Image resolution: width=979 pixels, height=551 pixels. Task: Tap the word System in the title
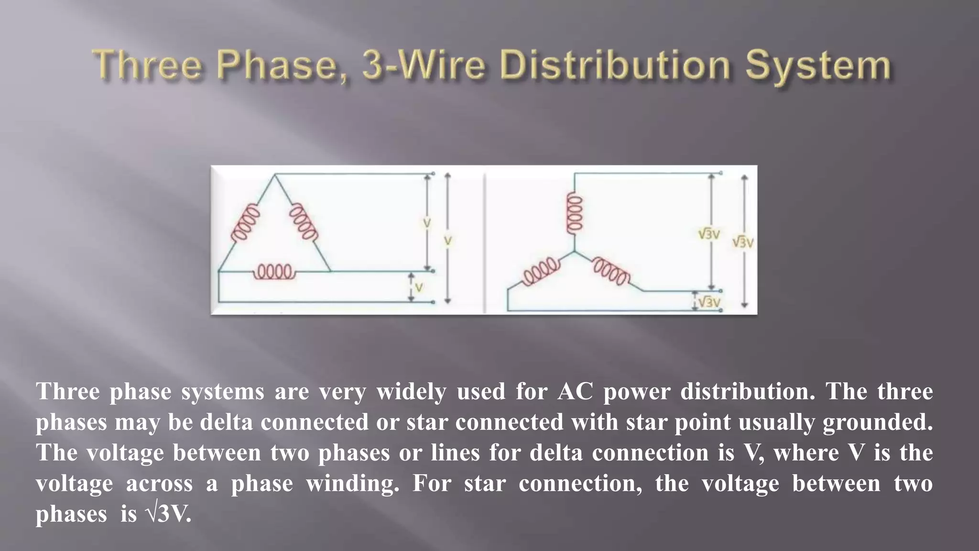coord(819,67)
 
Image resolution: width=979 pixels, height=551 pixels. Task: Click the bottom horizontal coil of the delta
coord(274,272)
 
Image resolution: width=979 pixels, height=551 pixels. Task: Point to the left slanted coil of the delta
coord(245,223)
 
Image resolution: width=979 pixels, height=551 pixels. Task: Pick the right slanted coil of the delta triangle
coord(304,222)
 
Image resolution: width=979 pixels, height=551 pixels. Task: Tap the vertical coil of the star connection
coord(574,214)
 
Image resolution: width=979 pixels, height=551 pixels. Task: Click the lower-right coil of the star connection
coord(611,271)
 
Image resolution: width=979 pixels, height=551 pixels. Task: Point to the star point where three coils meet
coord(574,252)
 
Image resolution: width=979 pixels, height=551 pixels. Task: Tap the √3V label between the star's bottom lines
coord(709,302)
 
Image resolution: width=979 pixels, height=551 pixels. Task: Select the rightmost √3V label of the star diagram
coord(743,242)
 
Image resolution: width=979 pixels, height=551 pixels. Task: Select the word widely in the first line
coord(411,392)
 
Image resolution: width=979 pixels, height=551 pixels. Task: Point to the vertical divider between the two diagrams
coord(485,242)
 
